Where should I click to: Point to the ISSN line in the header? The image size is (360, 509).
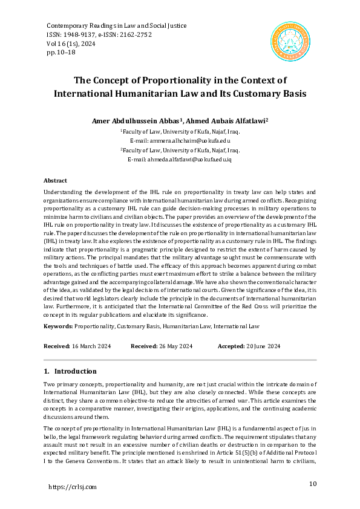[99, 35]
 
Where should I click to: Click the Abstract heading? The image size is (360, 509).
[55, 181]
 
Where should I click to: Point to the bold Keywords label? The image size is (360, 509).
[58, 326]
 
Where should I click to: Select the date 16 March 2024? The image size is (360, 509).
[91, 346]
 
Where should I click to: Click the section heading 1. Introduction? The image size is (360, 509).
[70, 371]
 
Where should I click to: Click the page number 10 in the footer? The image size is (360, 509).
[313, 484]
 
